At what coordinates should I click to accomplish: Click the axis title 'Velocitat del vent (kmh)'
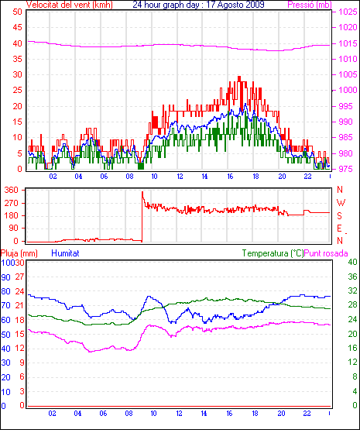pyautogui.click(x=70, y=5)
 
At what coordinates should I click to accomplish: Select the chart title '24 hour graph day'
pyautogui.click(x=166, y=5)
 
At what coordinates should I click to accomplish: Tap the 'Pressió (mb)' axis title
pyautogui.click(x=310, y=5)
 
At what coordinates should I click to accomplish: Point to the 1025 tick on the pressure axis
pyautogui.click(x=348, y=12)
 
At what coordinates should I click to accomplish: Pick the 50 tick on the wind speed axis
pyautogui.click(x=17, y=12)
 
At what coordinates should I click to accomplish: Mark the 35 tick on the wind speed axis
pyautogui.click(x=17, y=59)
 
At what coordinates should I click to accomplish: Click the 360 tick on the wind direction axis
pyautogui.click(x=12, y=190)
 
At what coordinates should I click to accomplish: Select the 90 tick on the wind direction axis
pyautogui.click(x=13, y=229)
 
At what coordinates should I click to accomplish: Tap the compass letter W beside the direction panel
pyautogui.click(x=341, y=203)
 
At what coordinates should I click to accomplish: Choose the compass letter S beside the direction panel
pyautogui.click(x=340, y=215)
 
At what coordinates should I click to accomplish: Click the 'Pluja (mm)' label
pyautogui.click(x=19, y=253)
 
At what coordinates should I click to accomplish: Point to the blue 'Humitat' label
pyautogui.click(x=66, y=253)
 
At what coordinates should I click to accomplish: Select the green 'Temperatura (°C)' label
pyautogui.click(x=273, y=253)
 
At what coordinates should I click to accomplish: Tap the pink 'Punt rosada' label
pyautogui.click(x=326, y=253)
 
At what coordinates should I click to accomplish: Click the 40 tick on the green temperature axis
pyautogui.click(x=352, y=262)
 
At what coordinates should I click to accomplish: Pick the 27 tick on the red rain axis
pyautogui.click(x=19, y=277)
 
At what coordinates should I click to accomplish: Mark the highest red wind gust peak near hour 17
pyautogui.click(x=239, y=77)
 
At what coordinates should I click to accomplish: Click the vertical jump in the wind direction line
pyautogui.click(x=142, y=217)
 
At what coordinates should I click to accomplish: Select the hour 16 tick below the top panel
pyautogui.click(x=230, y=177)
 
